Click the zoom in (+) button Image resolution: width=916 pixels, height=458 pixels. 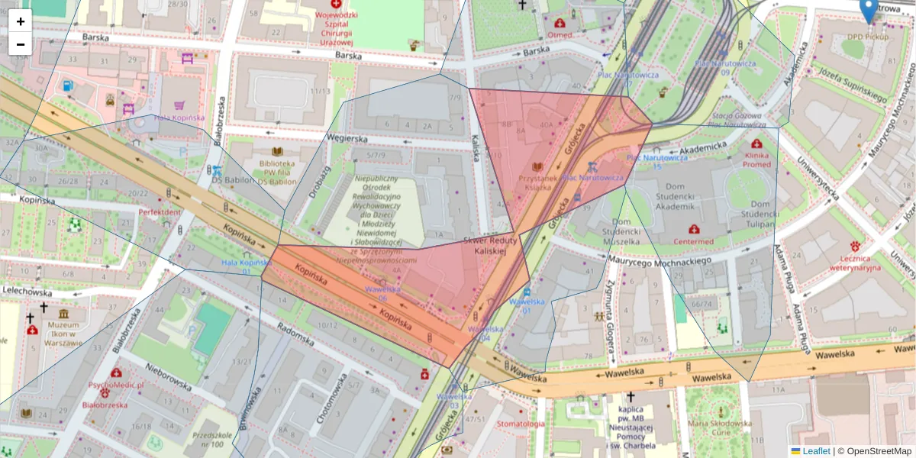click(21, 21)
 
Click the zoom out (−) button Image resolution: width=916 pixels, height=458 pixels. click(21, 44)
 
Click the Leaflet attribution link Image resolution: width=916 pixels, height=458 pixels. click(815, 451)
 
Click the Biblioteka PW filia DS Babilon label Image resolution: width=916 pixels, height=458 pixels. click(276, 173)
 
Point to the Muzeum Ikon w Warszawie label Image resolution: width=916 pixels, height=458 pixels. click(64, 333)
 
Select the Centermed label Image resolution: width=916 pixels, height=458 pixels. click(693, 241)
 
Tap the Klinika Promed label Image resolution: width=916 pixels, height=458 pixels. click(756, 159)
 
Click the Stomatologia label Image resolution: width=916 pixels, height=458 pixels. click(521, 424)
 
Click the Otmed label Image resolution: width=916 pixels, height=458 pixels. click(560, 34)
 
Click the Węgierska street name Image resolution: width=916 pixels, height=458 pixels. click(347, 139)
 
